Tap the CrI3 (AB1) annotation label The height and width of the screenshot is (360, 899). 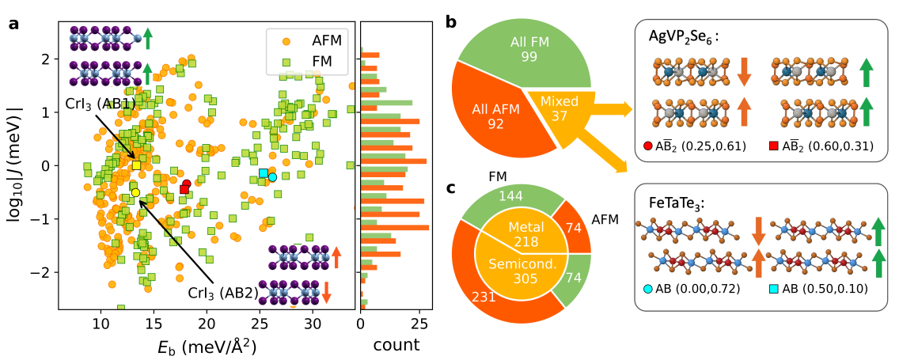click(x=100, y=104)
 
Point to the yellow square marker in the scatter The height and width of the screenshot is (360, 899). click(x=136, y=165)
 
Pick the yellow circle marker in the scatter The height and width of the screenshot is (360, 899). click(x=135, y=192)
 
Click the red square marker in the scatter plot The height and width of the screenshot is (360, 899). click(x=184, y=189)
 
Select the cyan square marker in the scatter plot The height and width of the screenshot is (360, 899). click(x=264, y=172)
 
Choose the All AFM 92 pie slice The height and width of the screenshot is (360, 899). click(x=495, y=116)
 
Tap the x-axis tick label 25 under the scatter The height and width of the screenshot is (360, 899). click(x=260, y=326)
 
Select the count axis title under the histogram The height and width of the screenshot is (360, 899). click(x=396, y=345)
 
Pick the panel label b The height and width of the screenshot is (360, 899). click(x=450, y=23)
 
